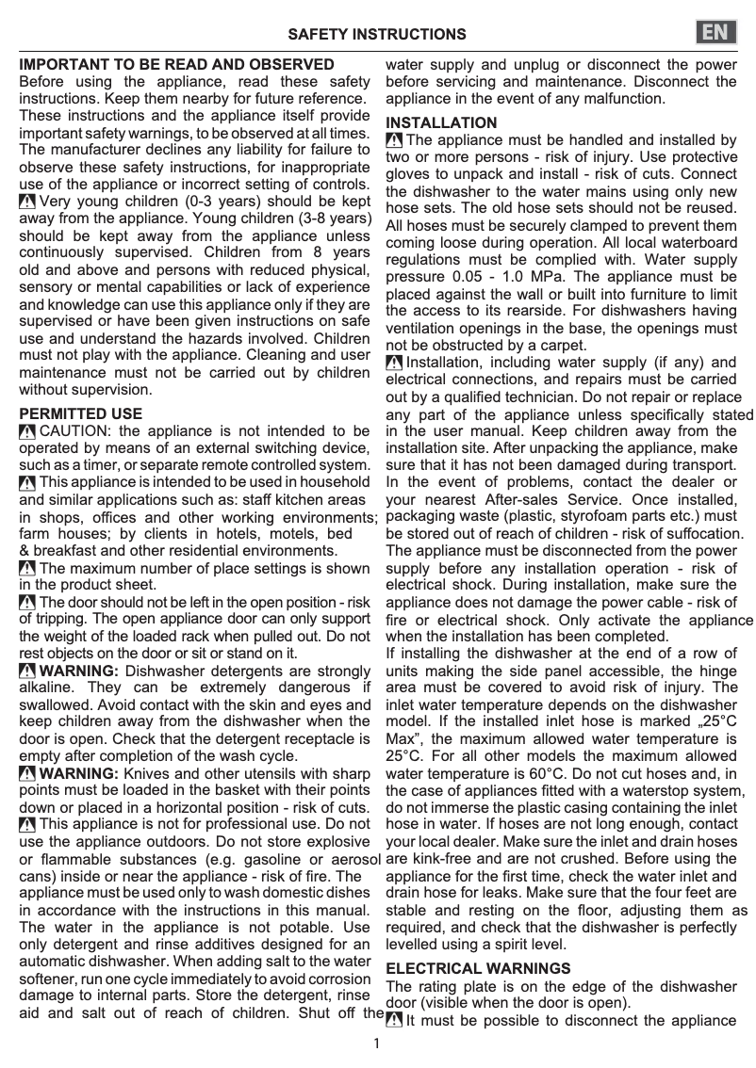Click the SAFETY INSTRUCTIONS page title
tap(376, 35)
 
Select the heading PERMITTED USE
tap(81, 413)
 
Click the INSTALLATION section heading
tap(441, 122)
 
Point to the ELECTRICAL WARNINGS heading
tap(478, 968)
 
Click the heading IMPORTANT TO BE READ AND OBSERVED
tap(177, 65)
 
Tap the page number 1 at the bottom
tap(376, 1044)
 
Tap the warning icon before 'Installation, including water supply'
tap(394, 364)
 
